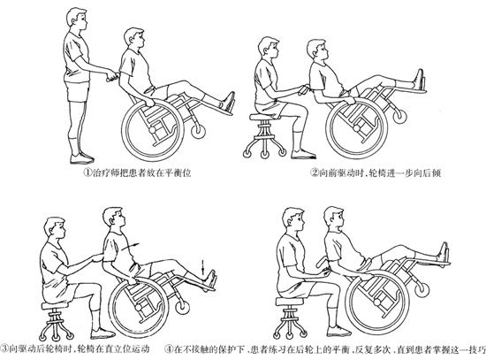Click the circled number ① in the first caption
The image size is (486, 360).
pyautogui.click(x=87, y=172)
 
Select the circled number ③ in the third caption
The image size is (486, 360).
pyautogui.click(x=5, y=349)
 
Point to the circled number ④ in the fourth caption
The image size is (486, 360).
pyautogui.click(x=169, y=349)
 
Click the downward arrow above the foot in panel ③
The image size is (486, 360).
pyautogui.click(x=203, y=268)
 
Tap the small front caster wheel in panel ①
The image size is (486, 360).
pyautogui.click(x=198, y=131)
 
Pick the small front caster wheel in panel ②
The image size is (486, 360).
pyautogui.click(x=399, y=116)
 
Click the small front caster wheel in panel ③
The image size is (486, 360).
pyautogui.click(x=182, y=307)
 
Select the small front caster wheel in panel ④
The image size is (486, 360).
pyautogui.click(x=422, y=290)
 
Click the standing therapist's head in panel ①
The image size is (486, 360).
pyautogui.click(x=77, y=19)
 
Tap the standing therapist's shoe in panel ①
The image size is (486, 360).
pyautogui.click(x=82, y=158)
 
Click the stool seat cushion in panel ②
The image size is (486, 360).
pyautogui.click(x=264, y=117)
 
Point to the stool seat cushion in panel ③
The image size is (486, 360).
pyautogui.click(x=55, y=306)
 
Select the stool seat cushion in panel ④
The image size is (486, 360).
pyautogui.click(x=290, y=302)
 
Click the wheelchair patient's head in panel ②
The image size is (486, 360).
pyautogui.click(x=317, y=50)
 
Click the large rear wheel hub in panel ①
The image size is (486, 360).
pyautogui.click(x=153, y=130)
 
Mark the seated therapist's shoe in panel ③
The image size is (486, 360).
pyautogui.click(x=103, y=333)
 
